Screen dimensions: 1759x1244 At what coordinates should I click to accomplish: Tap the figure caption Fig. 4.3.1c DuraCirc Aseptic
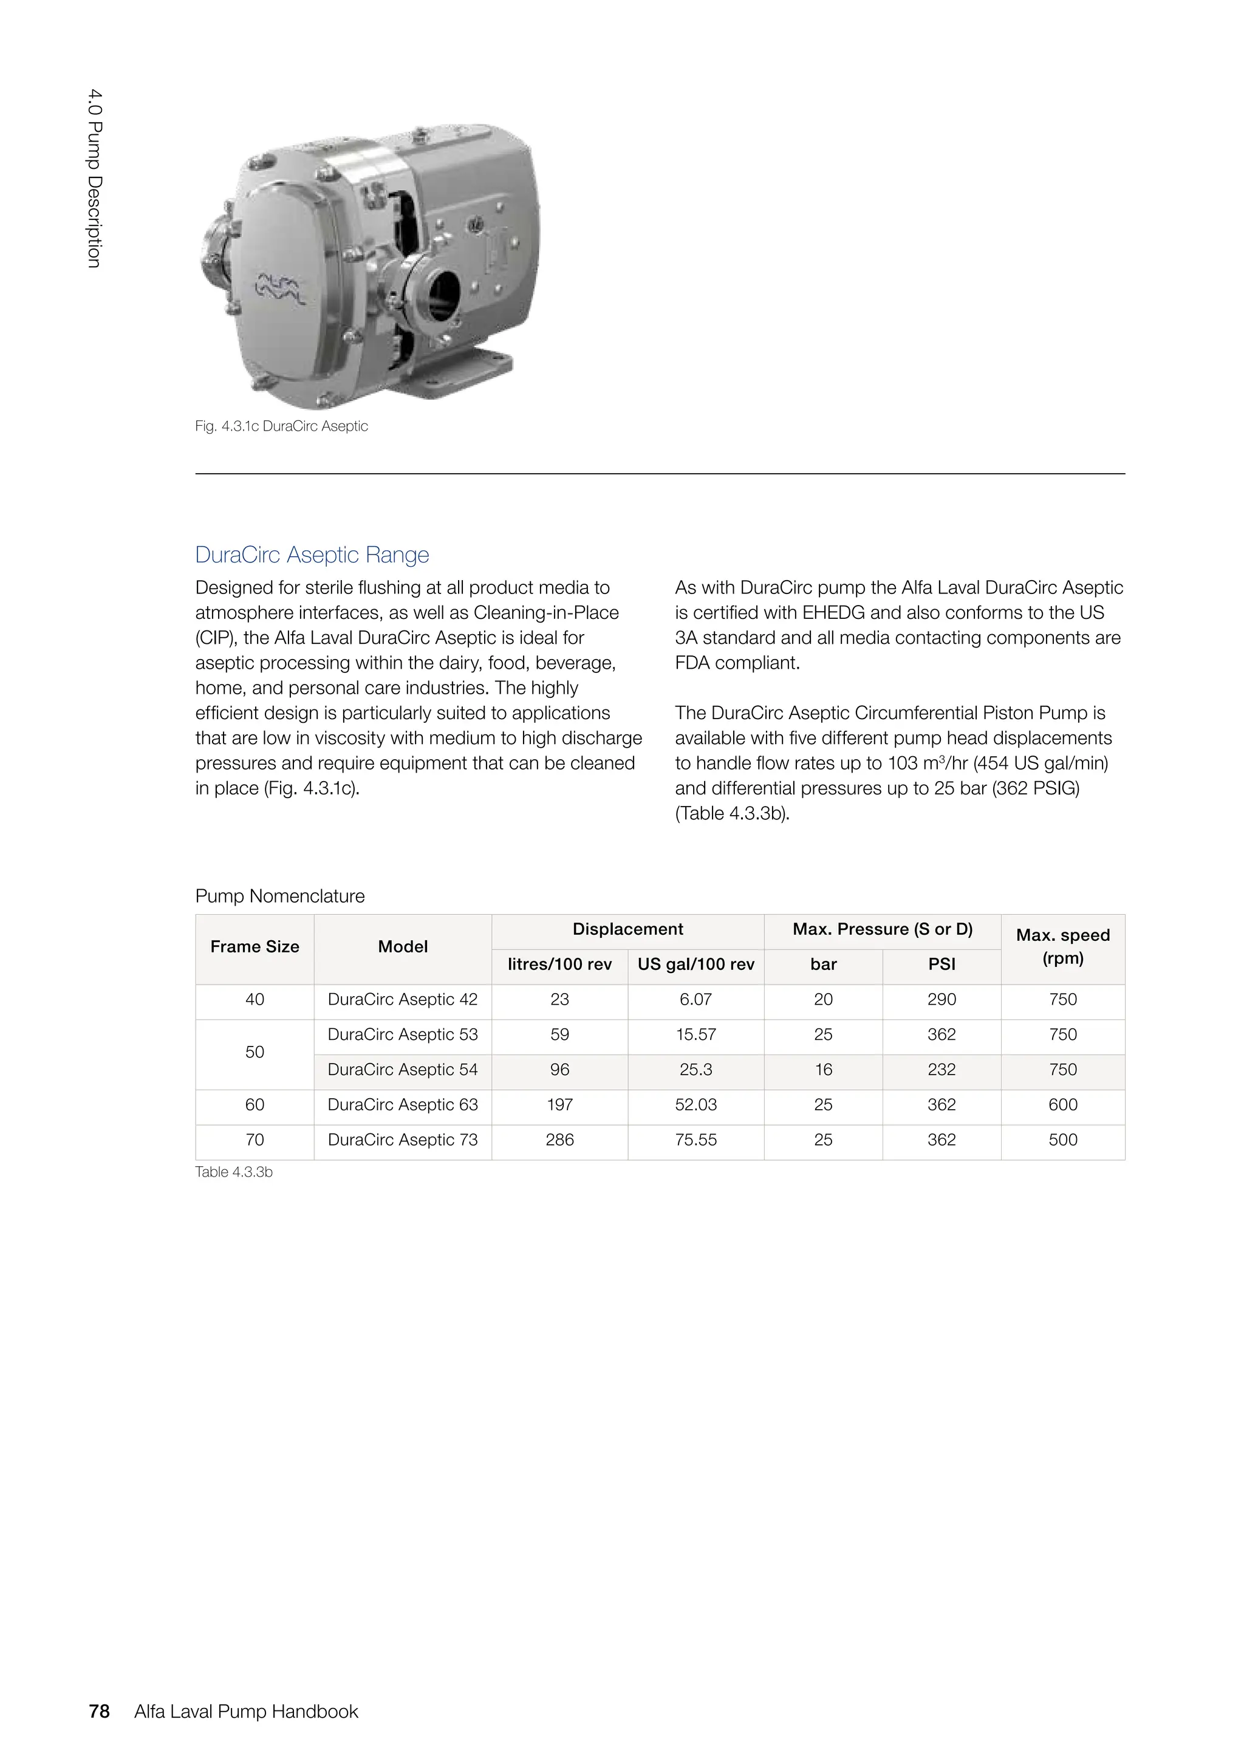click(x=281, y=426)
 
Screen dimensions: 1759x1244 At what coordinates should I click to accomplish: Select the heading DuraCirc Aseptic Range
click(x=312, y=554)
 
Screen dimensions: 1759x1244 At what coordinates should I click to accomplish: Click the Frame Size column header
click(x=255, y=947)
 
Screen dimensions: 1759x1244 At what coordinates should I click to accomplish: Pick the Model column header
click(x=402, y=947)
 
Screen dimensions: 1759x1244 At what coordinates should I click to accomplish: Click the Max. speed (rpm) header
click(x=1062, y=947)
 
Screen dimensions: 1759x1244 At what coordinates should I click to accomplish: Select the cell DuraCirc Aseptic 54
click(x=402, y=1070)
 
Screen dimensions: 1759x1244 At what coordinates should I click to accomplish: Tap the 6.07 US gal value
click(x=695, y=1000)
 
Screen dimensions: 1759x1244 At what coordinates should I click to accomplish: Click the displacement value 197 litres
click(x=559, y=1105)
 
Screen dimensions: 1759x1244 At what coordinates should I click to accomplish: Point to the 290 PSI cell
click(x=942, y=1000)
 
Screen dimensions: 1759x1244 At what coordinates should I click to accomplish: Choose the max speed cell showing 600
click(x=1062, y=1105)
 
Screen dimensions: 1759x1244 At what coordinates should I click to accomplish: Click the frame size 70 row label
click(x=255, y=1140)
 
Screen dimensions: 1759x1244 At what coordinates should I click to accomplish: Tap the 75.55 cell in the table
click(x=695, y=1140)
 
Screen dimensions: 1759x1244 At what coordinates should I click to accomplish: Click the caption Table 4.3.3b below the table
click(x=234, y=1172)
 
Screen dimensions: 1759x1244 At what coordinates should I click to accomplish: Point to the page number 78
click(x=100, y=1712)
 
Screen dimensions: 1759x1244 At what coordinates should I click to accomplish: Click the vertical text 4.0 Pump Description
click(x=94, y=179)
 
